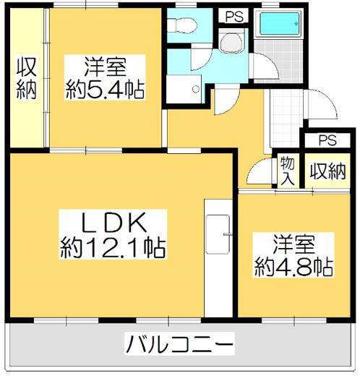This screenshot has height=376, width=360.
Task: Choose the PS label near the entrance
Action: [x=327, y=140]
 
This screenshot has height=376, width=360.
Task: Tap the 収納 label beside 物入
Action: [x=327, y=171]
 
